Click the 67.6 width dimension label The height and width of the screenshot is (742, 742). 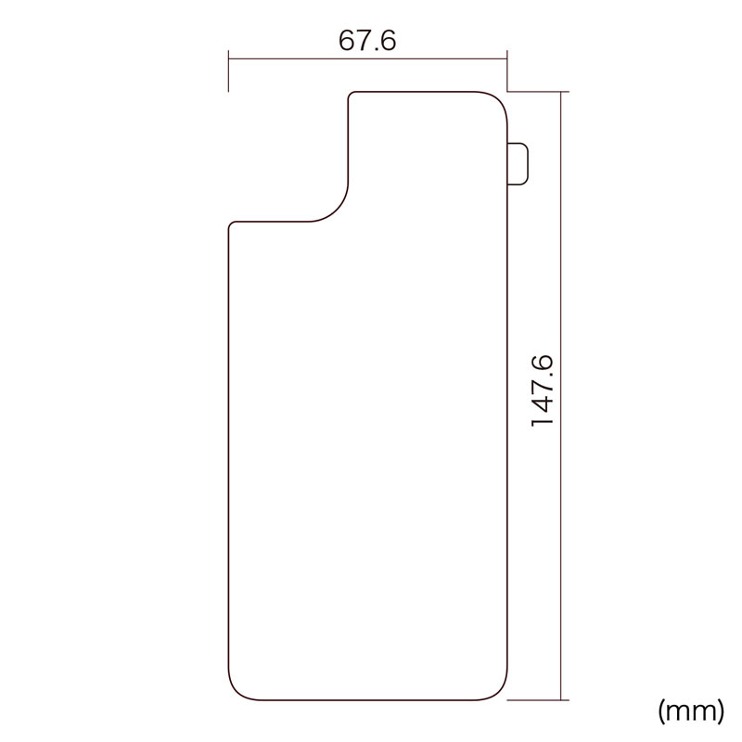[367, 40]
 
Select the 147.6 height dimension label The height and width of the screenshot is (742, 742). [542, 390]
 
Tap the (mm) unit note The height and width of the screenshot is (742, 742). [691, 710]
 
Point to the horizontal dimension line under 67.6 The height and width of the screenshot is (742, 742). [367, 59]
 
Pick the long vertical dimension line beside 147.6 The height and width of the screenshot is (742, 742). [561, 396]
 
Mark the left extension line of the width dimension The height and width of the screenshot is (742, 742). [228, 71]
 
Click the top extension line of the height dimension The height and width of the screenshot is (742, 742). [538, 91]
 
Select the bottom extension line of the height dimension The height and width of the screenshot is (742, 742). [538, 700]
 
